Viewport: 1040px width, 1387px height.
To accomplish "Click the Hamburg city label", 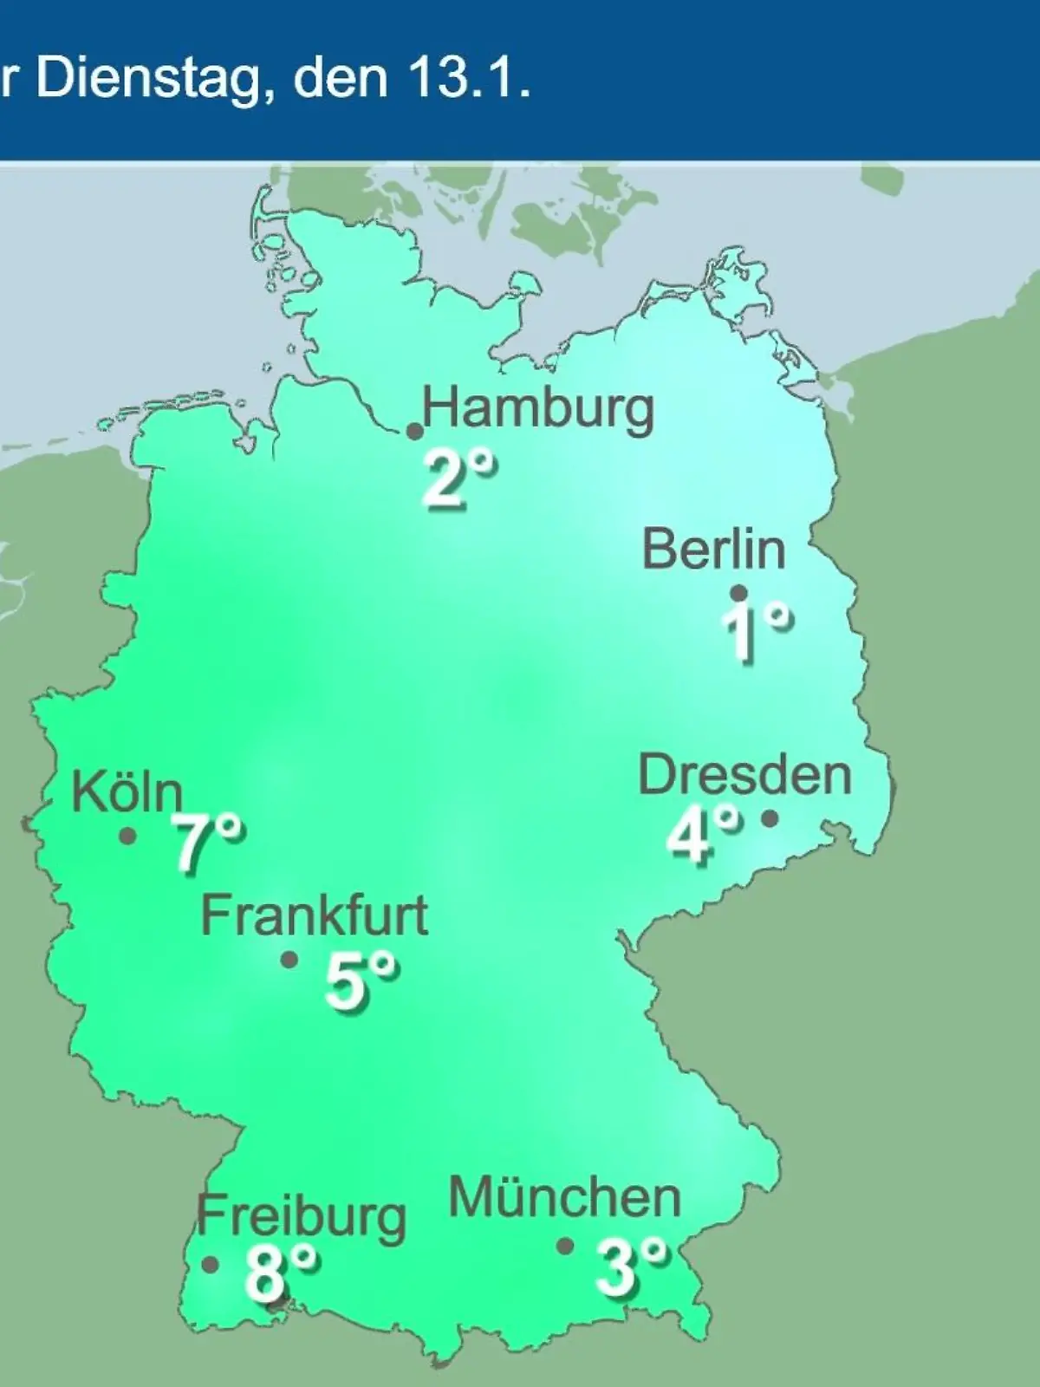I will click(537, 408).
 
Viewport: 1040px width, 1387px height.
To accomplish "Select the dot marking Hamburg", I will click(415, 431).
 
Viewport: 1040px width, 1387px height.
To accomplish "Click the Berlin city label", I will click(713, 550).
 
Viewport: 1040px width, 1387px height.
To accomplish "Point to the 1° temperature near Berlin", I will click(755, 631).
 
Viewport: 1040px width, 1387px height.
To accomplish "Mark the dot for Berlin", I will click(738, 593).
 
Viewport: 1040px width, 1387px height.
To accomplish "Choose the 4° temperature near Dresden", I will click(702, 834).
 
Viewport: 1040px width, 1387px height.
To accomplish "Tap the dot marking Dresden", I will click(769, 817).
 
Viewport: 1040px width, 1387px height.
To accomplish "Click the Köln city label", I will click(127, 791).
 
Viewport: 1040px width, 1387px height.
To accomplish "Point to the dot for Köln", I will click(127, 836).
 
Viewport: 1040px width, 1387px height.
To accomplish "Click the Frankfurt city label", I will click(314, 916).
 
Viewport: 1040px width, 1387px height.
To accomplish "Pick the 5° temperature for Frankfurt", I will click(361, 981).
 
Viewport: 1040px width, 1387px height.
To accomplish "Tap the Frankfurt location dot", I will click(289, 960).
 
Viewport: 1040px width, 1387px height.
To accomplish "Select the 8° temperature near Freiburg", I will click(280, 1273).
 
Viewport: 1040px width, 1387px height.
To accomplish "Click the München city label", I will click(564, 1198).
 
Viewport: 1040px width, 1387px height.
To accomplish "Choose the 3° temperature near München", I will click(631, 1266).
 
